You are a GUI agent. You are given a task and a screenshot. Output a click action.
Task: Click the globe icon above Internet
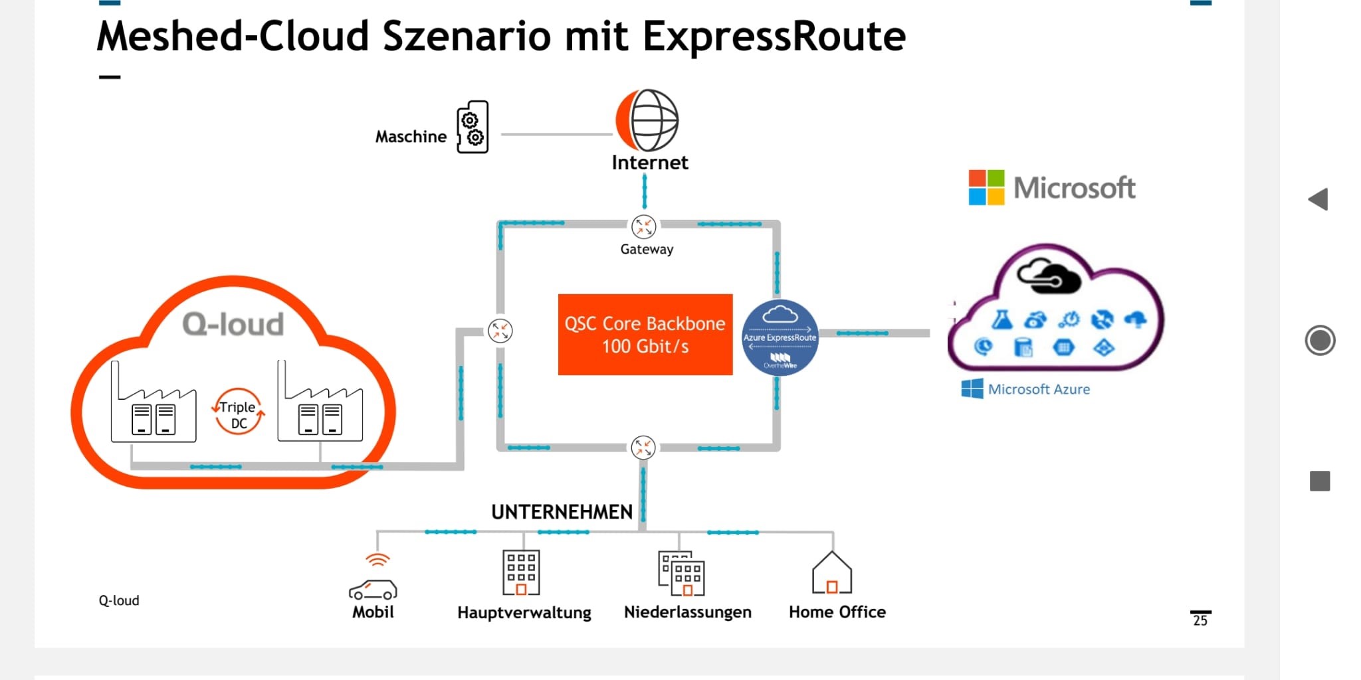pos(648,120)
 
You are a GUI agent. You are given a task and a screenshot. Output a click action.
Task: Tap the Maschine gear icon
pos(472,127)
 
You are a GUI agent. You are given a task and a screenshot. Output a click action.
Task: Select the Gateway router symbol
pos(643,226)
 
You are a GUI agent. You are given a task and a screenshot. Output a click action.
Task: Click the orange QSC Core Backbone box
pos(645,335)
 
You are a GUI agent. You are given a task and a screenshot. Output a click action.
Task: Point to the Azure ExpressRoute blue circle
pos(780,337)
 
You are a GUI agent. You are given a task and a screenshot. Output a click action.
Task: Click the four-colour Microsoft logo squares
pos(986,187)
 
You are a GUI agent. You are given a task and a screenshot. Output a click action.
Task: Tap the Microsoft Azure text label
pos(1039,389)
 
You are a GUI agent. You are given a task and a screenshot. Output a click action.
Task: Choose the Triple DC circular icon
pos(238,412)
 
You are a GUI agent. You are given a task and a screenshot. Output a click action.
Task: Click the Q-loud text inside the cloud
pos(233,325)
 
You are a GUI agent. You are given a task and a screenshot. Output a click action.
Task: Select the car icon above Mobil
pos(373,588)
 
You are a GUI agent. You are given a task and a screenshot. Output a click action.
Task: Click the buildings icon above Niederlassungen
pos(681,573)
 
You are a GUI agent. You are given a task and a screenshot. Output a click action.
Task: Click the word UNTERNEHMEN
pos(562,512)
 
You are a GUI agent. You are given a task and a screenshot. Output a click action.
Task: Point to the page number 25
pos(1200,620)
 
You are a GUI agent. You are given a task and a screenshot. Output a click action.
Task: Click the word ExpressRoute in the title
pos(774,36)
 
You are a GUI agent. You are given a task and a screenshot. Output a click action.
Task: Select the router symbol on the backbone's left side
pos(500,330)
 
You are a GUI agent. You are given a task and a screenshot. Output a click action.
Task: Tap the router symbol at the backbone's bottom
pos(643,448)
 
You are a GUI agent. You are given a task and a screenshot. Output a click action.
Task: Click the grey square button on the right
pos(1320,481)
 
